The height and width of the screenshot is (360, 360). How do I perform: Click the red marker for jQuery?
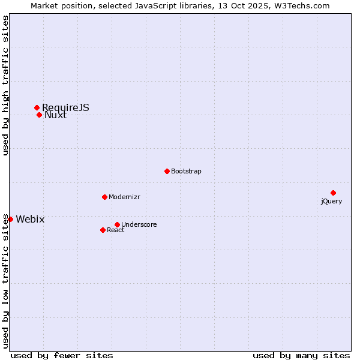333,193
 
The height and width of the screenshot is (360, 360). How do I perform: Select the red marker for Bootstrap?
167,171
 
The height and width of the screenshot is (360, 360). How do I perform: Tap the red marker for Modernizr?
104,197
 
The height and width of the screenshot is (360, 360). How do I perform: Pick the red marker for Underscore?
117,224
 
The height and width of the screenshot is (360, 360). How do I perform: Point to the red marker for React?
103,230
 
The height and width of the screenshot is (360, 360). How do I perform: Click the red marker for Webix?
10,219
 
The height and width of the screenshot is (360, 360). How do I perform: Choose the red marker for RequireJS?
37,107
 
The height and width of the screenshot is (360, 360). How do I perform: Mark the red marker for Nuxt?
39,115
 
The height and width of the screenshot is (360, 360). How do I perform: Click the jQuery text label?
331,201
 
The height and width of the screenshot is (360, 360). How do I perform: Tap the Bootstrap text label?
186,171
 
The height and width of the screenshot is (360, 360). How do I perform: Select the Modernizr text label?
124,197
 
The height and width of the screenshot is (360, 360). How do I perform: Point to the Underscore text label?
139,224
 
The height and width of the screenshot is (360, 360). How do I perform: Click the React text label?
116,230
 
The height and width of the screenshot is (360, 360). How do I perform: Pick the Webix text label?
30,219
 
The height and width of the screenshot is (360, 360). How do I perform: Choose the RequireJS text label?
65,107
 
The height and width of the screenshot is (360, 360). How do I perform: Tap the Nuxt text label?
55,115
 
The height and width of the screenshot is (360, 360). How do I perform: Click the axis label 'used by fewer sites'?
62,355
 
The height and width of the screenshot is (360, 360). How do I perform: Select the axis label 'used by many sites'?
301,355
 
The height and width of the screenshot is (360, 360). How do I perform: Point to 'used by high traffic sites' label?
5,85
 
